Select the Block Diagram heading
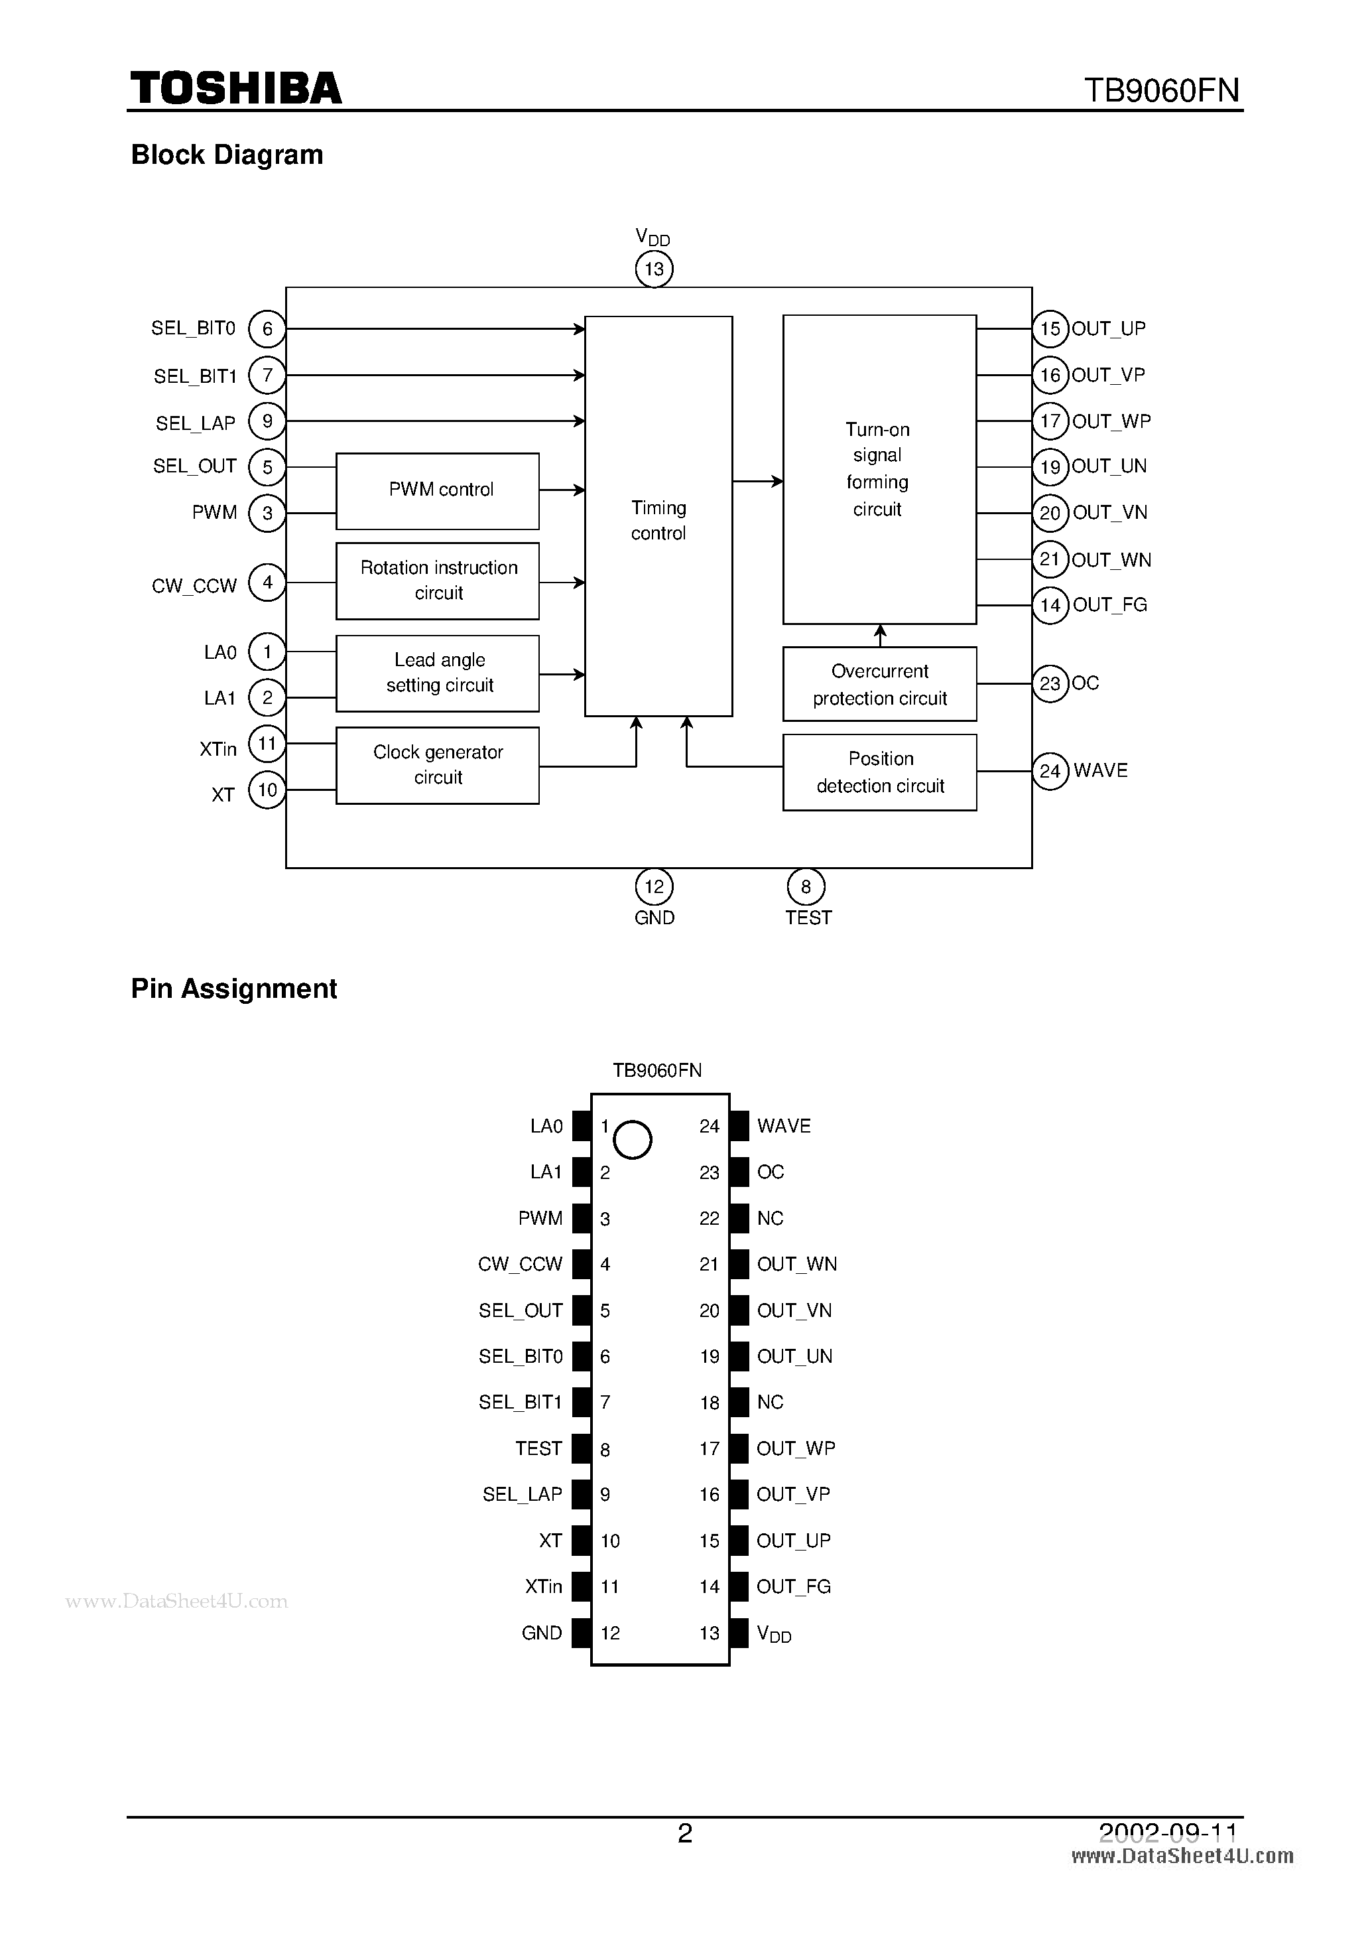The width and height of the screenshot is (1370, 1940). [x=227, y=155]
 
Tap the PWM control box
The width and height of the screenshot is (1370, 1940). [x=438, y=491]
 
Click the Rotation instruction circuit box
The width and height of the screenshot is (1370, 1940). [x=438, y=581]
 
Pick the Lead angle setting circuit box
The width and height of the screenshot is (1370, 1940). [x=438, y=673]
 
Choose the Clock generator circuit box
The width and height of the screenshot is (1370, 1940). [x=438, y=765]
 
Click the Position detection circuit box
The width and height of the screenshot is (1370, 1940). [x=879, y=772]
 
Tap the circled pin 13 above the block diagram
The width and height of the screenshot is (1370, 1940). [x=654, y=269]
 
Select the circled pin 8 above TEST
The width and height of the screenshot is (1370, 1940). [x=806, y=886]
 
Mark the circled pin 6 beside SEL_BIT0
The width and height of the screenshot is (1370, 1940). [x=267, y=328]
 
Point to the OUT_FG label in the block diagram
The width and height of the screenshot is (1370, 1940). [x=1110, y=605]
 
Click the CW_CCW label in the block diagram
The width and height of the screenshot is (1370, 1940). [x=194, y=586]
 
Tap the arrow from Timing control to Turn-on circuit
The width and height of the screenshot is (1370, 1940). [x=758, y=482]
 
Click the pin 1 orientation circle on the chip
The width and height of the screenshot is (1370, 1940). [x=632, y=1140]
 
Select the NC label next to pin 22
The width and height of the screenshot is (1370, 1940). [x=771, y=1218]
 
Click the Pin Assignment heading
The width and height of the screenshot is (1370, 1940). [x=234, y=989]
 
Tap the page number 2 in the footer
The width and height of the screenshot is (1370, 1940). [x=685, y=1832]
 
